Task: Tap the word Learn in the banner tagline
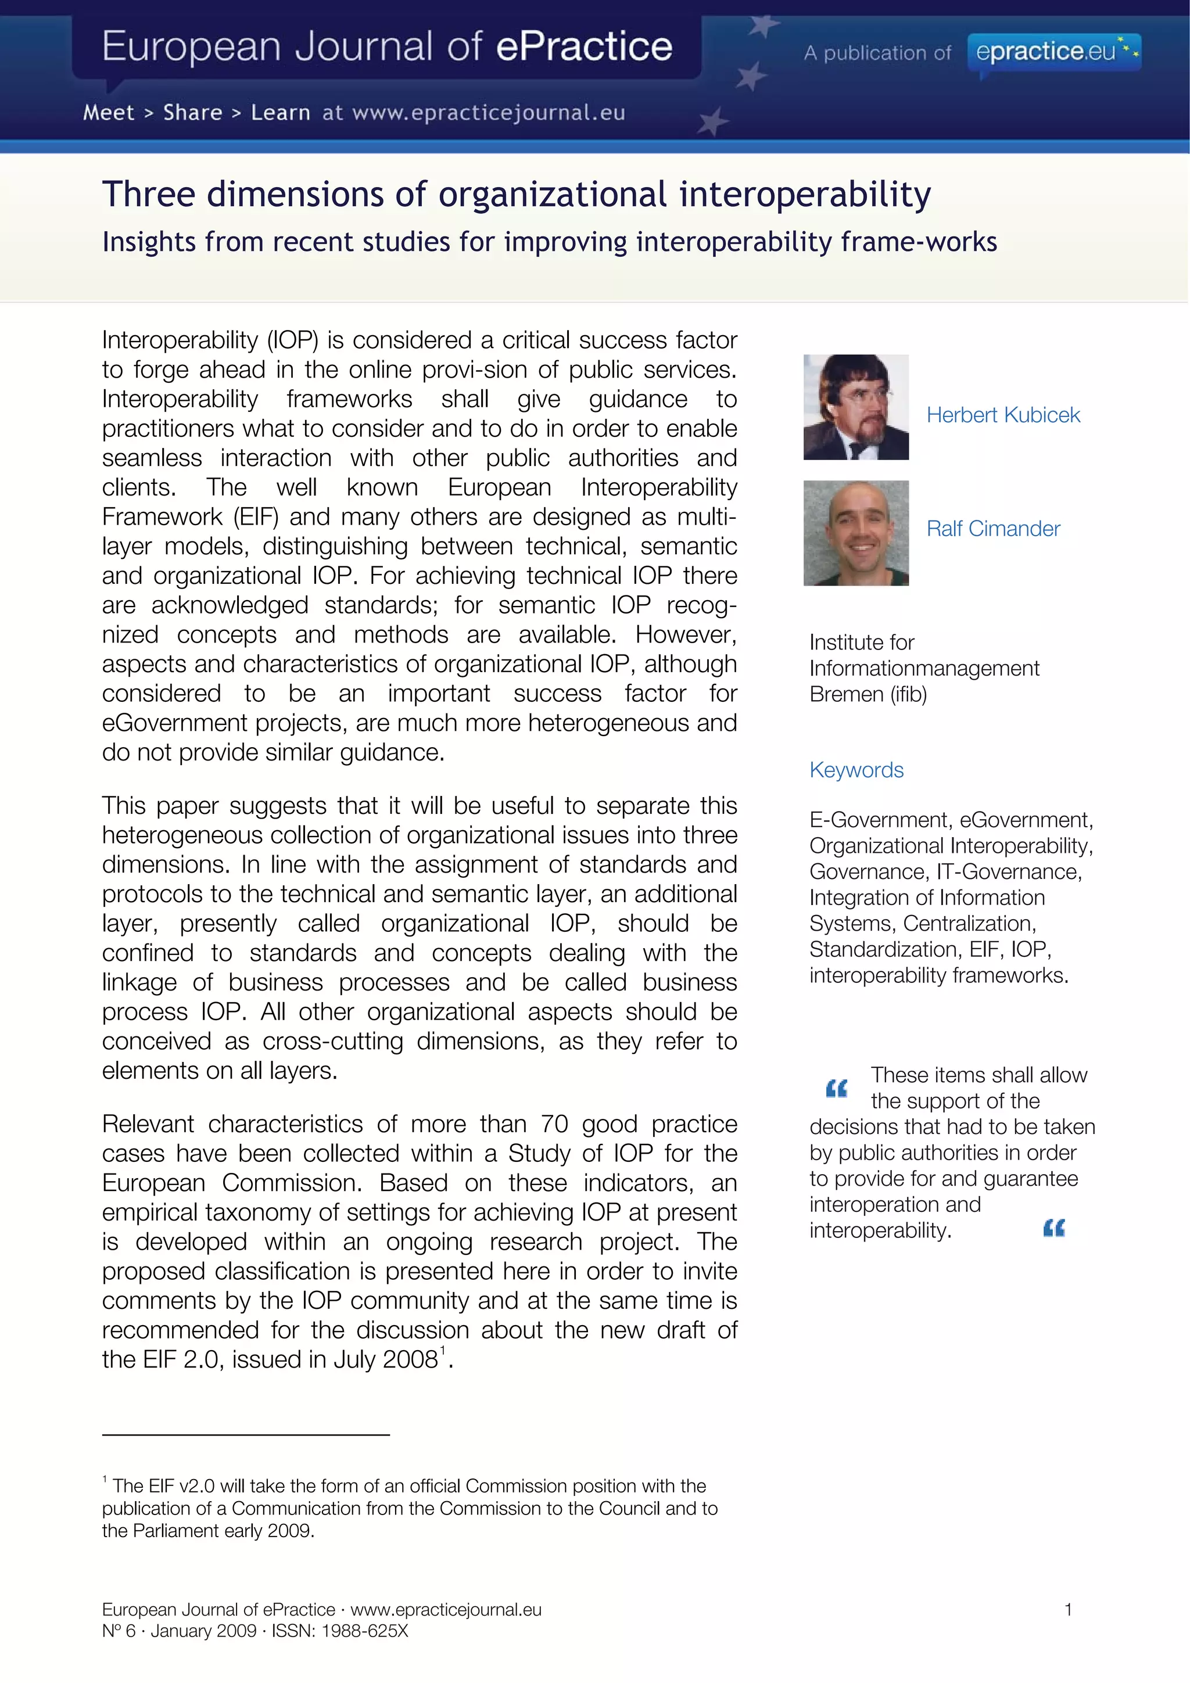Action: tap(280, 113)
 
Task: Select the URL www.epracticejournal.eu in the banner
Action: tap(488, 113)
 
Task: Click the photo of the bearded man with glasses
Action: tap(856, 408)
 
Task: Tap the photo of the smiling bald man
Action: tap(856, 533)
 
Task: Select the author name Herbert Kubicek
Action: tap(1002, 415)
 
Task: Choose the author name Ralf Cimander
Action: tap(993, 529)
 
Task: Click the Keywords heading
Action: tap(856, 770)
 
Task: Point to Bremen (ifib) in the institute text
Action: tap(868, 694)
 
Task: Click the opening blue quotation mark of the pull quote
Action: tap(836, 1089)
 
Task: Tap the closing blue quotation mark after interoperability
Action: tap(1053, 1228)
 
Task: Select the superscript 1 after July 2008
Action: tap(443, 1350)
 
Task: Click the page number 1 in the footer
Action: tap(1067, 1610)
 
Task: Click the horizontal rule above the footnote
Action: tap(246, 1434)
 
